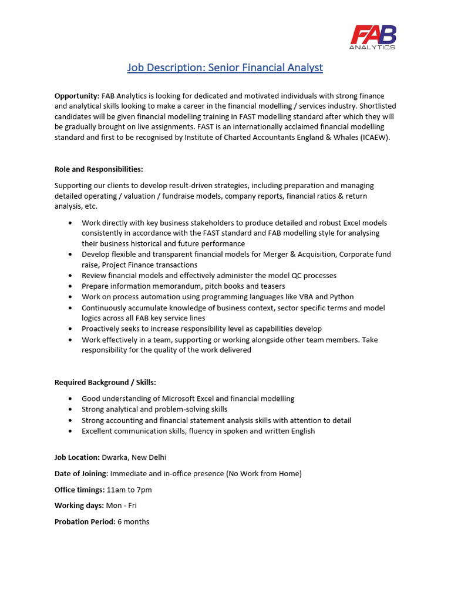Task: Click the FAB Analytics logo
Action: coord(373,37)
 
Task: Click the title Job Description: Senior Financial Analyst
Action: coord(225,68)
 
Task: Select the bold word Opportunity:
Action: coord(77,95)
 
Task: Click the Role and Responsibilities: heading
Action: coord(99,169)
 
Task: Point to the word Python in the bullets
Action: coord(342,297)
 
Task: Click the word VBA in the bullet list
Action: coord(306,297)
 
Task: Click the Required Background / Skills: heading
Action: coord(105,383)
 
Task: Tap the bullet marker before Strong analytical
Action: coord(70,410)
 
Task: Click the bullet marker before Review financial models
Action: coord(70,276)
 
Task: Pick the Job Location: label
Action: coord(77,457)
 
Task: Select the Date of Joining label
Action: coord(81,473)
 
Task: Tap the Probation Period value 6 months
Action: coord(133,521)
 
